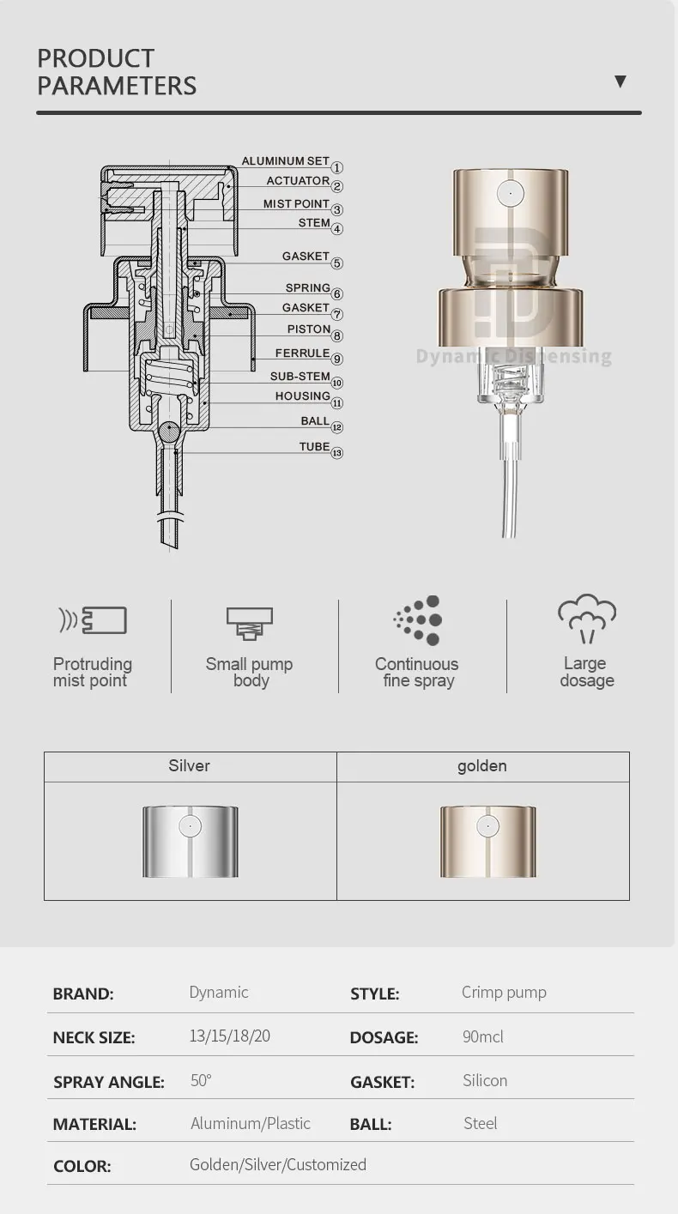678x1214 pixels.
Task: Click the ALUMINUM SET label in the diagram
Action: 285,161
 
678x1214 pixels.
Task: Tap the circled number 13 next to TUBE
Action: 337,453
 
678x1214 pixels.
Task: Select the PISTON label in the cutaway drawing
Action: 308,329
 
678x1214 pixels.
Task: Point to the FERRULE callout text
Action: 302,353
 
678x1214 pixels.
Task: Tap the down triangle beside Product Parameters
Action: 620,82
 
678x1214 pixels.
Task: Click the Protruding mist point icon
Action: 92,619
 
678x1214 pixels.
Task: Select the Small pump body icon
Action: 250,623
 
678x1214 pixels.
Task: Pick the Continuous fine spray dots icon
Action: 418,619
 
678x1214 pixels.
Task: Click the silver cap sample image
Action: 190,841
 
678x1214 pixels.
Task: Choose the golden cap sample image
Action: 487,841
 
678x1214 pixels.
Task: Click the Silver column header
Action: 189,766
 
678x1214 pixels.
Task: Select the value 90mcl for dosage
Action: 483,1036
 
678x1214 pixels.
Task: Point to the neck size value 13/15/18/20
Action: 229,1036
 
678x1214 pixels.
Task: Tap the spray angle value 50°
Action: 201,1080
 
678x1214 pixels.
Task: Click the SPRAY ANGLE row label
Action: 108,1082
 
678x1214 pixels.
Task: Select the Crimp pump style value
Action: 504,993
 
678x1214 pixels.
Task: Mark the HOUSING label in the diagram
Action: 302,396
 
